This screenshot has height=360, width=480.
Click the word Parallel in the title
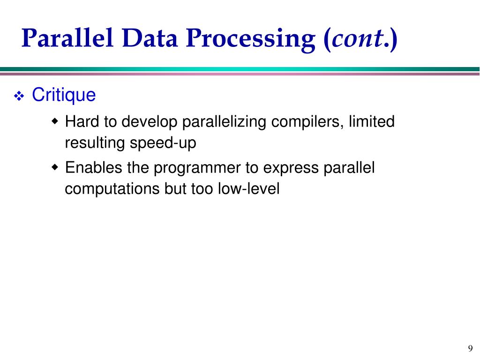[x=67, y=39]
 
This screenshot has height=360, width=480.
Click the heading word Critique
[x=64, y=96]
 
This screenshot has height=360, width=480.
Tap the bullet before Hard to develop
[x=56, y=122]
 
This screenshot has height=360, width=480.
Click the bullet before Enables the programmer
[x=56, y=168]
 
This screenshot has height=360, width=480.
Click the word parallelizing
[x=217, y=122]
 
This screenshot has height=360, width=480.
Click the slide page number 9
[x=470, y=348]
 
